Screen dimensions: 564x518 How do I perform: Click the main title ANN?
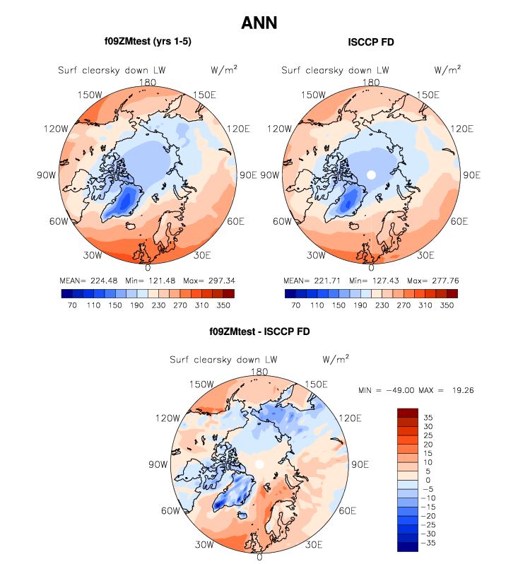tap(259, 23)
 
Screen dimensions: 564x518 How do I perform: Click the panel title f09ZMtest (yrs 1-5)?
tap(148, 42)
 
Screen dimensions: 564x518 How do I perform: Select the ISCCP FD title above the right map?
tap(371, 43)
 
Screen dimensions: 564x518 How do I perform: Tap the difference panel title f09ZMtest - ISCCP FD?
tap(259, 331)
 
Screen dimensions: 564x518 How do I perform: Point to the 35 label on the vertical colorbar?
tap(428, 418)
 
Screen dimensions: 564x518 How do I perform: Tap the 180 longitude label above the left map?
tap(148, 82)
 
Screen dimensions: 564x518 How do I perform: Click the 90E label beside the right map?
tap(471, 175)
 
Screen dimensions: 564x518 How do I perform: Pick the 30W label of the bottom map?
tap(205, 545)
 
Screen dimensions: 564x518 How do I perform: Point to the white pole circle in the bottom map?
tap(259, 464)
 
